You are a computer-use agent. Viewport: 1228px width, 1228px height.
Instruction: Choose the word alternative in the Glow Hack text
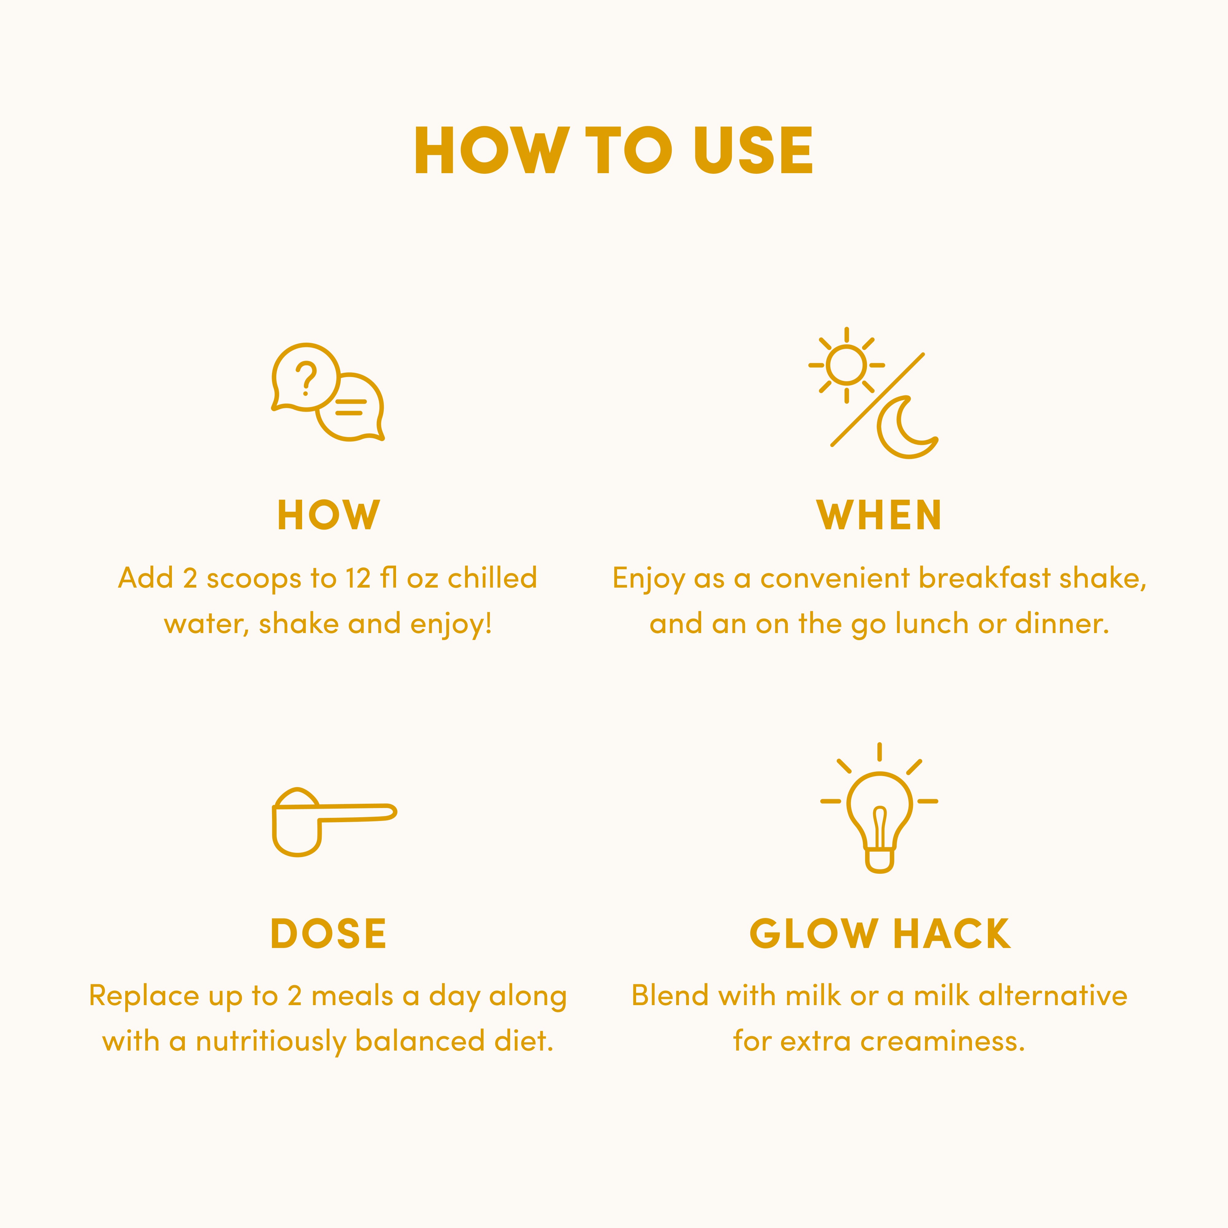(1053, 996)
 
